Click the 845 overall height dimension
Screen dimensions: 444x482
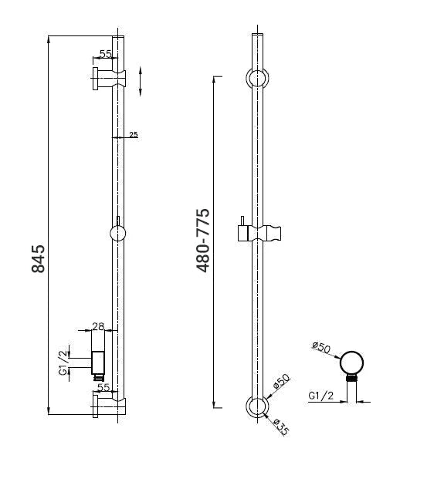tap(38, 258)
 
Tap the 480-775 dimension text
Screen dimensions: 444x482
tap(203, 241)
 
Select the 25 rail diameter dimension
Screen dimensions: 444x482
tap(134, 134)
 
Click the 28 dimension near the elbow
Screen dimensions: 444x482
tap(98, 326)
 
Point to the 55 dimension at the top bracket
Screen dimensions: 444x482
tap(106, 54)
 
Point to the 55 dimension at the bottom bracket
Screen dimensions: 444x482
tap(103, 387)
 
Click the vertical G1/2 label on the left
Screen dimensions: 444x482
tap(63, 362)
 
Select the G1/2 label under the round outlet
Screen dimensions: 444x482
tap(321, 396)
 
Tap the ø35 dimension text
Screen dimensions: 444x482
tap(281, 427)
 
